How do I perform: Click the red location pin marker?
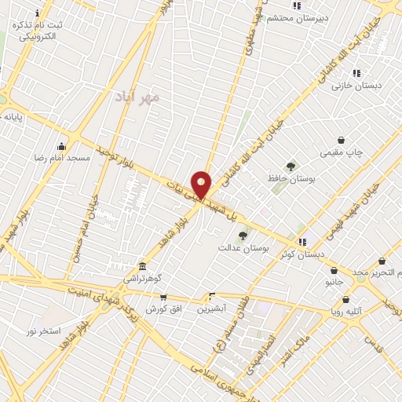click(201, 185)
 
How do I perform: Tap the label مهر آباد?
click(137, 97)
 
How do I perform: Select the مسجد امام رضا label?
click(62, 157)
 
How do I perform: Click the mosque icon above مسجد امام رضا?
click(62, 146)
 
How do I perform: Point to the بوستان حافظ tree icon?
click(291, 166)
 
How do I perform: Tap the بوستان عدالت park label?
click(243, 247)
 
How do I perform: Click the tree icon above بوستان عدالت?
click(243, 236)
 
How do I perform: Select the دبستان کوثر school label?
click(303, 254)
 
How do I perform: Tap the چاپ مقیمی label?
click(341, 152)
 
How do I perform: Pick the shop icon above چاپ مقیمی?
click(341, 140)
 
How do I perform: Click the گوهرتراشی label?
click(141, 278)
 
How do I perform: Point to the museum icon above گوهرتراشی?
click(141, 266)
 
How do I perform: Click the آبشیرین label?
click(211, 309)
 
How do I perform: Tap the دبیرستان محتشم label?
click(297, 17)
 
